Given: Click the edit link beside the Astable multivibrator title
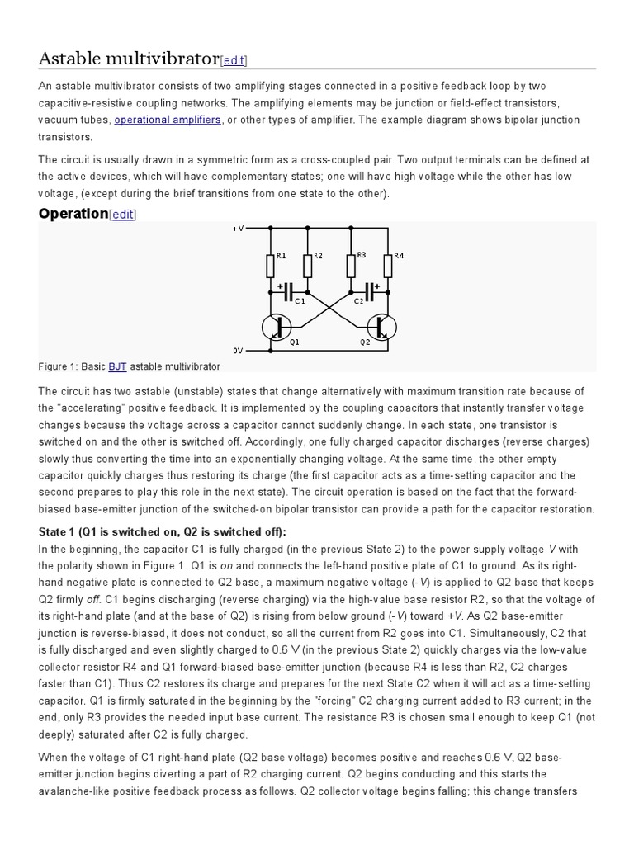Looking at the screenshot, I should [234, 60].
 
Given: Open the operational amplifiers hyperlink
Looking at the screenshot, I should [168, 120].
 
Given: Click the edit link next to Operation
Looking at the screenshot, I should [123, 215].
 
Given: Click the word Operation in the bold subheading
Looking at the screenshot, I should [73, 214].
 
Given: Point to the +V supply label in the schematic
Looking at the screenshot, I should [238, 229].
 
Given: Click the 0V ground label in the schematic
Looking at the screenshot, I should [239, 350].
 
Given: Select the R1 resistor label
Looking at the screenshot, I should [281, 256].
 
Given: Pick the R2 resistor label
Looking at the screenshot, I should [318, 256].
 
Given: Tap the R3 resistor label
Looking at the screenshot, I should [361, 256].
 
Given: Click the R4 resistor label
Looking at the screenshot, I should [399, 256].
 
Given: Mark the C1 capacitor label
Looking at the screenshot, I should [300, 301].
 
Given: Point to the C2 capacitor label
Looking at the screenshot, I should [359, 301].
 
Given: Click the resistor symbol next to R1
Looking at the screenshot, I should [271, 266].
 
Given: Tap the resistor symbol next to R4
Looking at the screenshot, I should [388, 266].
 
